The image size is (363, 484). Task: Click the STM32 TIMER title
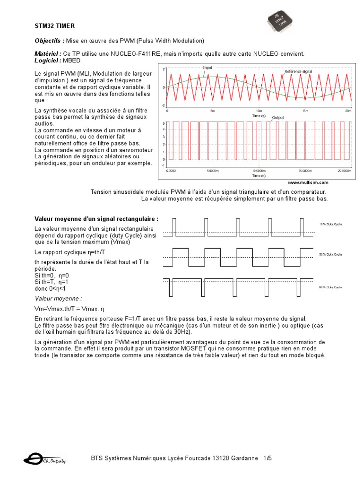pyautogui.click(x=54, y=26)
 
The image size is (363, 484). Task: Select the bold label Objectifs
pyautogui.click(x=49, y=41)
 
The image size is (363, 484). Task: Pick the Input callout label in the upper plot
pyautogui.click(x=207, y=68)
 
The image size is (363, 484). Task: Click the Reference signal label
pyautogui.click(x=301, y=71)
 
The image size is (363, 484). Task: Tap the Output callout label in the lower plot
pyautogui.click(x=278, y=117)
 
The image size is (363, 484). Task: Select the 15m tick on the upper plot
pyautogui.click(x=305, y=111)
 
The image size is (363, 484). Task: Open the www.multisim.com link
pyautogui.click(x=308, y=182)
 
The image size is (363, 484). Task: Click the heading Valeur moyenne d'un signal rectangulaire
pyautogui.click(x=96, y=218)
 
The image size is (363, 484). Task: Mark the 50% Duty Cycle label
pyautogui.click(x=331, y=254)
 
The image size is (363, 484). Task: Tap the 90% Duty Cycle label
pyautogui.click(x=331, y=286)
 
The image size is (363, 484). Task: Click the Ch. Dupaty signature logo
pyautogui.click(x=44, y=459)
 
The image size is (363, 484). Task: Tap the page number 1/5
pyautogui.click(x=268, y=458)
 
